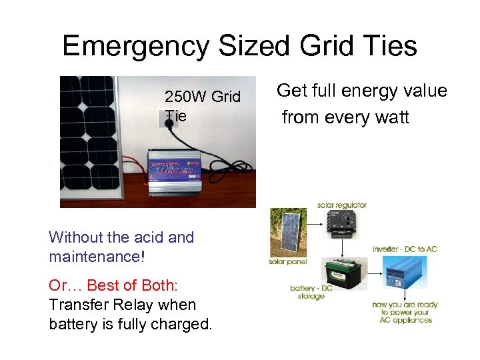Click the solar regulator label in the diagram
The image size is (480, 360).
tap(342, 205)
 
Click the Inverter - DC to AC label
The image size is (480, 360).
tap(405, 249)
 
